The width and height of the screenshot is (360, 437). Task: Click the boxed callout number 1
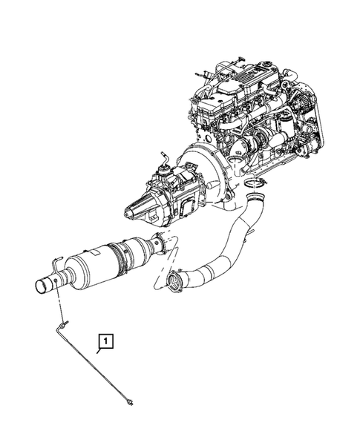tap(107, 341)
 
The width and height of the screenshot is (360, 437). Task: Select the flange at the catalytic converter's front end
tap(158, 242)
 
